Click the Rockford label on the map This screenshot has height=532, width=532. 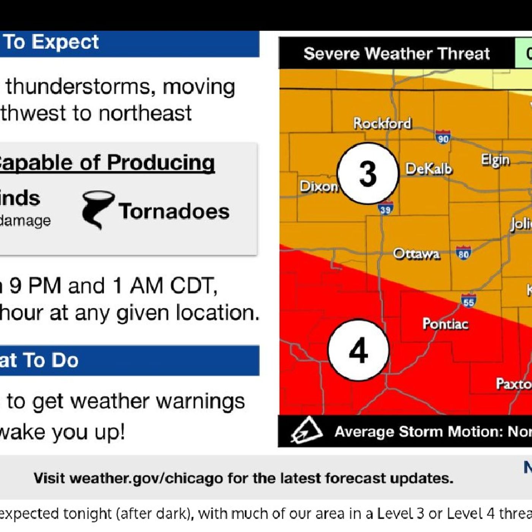pyautogui.click(x=382, y=123)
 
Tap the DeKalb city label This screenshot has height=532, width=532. pyautogui.click(x=429, y=169)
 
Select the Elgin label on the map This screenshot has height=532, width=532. pyautogui.click(x=495, y=160)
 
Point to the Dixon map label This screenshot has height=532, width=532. pyautogui.click(x=318, y=186)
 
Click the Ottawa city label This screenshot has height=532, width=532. pyautogui.click(x=416, y=253)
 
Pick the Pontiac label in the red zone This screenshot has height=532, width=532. pyautogui.click(x=445, y=324)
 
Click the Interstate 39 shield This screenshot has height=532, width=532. pyautogui.click(x=385, y=209)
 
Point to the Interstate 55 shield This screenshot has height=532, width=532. pyautogui.click(x=469, y=301)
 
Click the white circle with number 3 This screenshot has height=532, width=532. pyautogui.click(x=367, y=174)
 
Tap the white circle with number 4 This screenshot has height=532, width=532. pyautogui.click(x=358, y=350)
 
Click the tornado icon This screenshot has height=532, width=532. pyautogui.click(x=97, y=209)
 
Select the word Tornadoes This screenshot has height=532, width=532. pyautogui.click(x=174, y=211)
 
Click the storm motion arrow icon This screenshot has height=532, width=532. pyautogui.click(x=306, y=431)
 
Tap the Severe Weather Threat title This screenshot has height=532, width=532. pyautogui.click(x=396, y=54)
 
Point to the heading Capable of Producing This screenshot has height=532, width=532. pyautogui.click(x=106, y=163)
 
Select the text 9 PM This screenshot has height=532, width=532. pyautogui.click(x=35, y=285)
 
